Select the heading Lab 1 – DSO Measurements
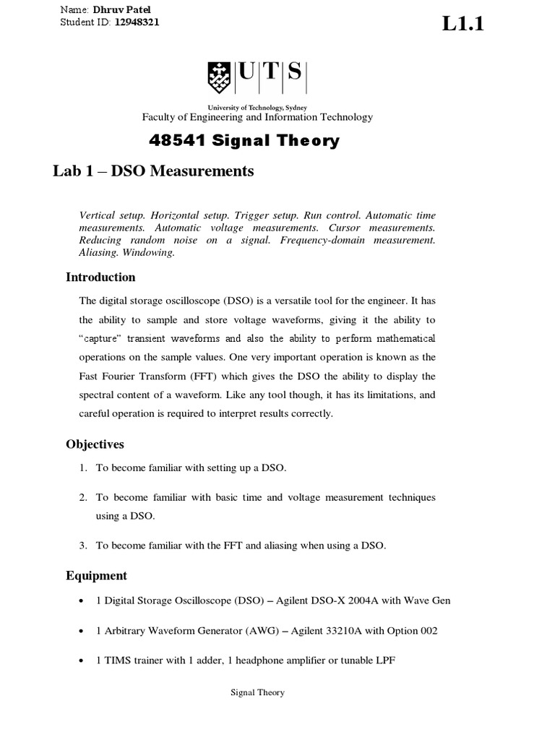[153, 171]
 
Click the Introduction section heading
[100, 277]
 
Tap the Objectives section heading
[95, 444]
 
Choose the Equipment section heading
[96, 575]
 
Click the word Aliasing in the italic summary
[99, 252]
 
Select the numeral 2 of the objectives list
[84, 498]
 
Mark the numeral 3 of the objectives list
[84, 546]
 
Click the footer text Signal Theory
[257, 692]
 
